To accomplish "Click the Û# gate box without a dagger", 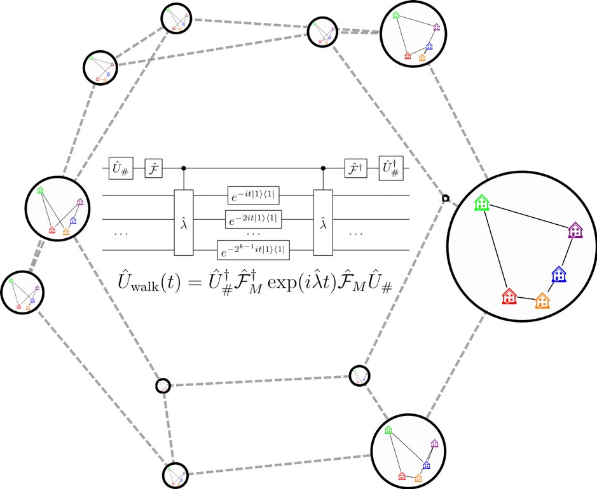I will [121, 168].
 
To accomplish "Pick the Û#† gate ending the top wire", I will [390, 168].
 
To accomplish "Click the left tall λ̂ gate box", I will [184, 222].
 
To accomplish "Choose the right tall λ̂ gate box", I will [324, 222].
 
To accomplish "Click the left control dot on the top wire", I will [184, 168].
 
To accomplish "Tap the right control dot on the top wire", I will [324, 168].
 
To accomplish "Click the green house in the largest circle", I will [483, 203].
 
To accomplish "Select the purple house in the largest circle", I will [575, 230].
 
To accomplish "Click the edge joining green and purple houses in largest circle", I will [529, 216].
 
